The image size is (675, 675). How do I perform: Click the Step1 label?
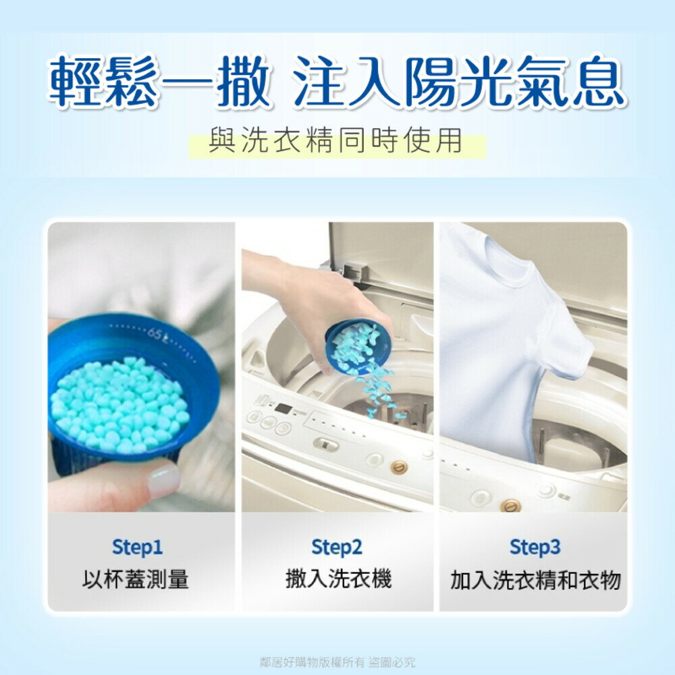click(x=137, y=547)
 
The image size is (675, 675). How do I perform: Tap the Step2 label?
click(x=337, y=547)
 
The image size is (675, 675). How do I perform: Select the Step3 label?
click(x=535, y=547)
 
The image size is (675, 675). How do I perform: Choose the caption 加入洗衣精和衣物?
click(x=535, y=580)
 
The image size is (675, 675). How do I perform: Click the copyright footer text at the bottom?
click(x=337, y=661)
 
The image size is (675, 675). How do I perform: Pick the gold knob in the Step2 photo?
click(x=400, y=466)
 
